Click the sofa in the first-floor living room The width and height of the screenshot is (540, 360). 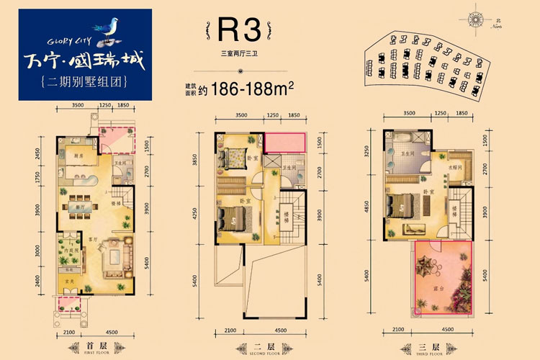pyautogui.click(x=114, y=256)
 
